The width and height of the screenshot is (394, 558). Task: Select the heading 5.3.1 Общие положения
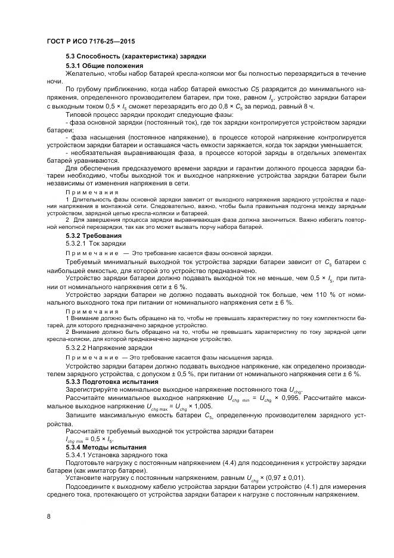(x=104, y=65)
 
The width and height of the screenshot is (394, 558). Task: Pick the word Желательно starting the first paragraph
(x=86, y=73)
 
